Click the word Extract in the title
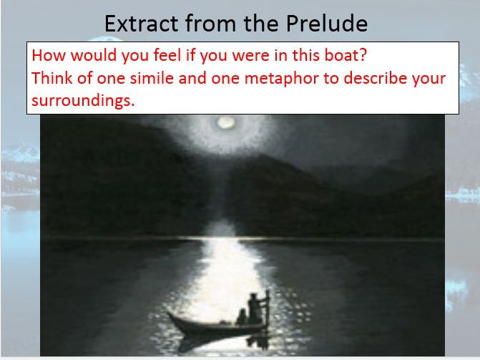point(142,24)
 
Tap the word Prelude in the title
point(327,24)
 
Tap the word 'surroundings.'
point(83,101)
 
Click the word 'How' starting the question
point(49,55)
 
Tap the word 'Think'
point(52,78)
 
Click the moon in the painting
point(227,122)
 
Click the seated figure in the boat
point(242,316)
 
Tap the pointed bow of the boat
point(170,313)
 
